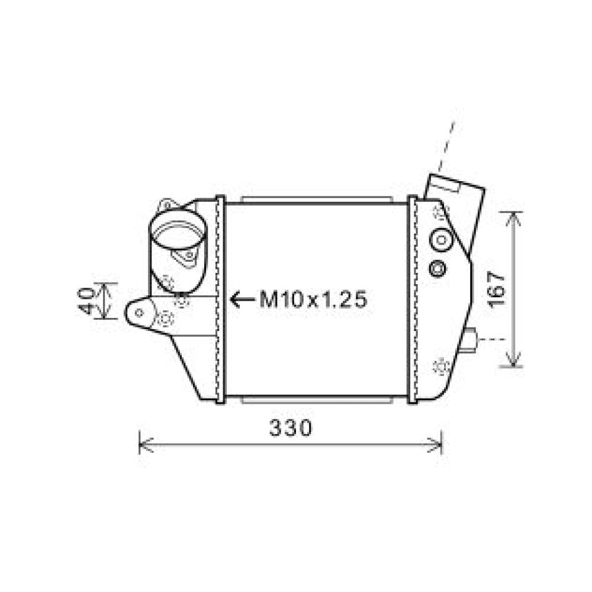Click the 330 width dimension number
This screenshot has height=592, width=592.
[x=291, y=428]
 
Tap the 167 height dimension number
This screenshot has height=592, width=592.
[x=496, y=290]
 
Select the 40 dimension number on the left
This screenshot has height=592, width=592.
[x=86, y=301]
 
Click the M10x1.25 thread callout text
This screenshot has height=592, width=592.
[x=313, y=300]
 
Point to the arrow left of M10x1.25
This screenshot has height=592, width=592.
[x=242, y=300]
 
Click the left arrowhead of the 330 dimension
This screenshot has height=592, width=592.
[x=146, y=446]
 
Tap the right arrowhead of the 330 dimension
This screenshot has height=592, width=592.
[x=435, y=446]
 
